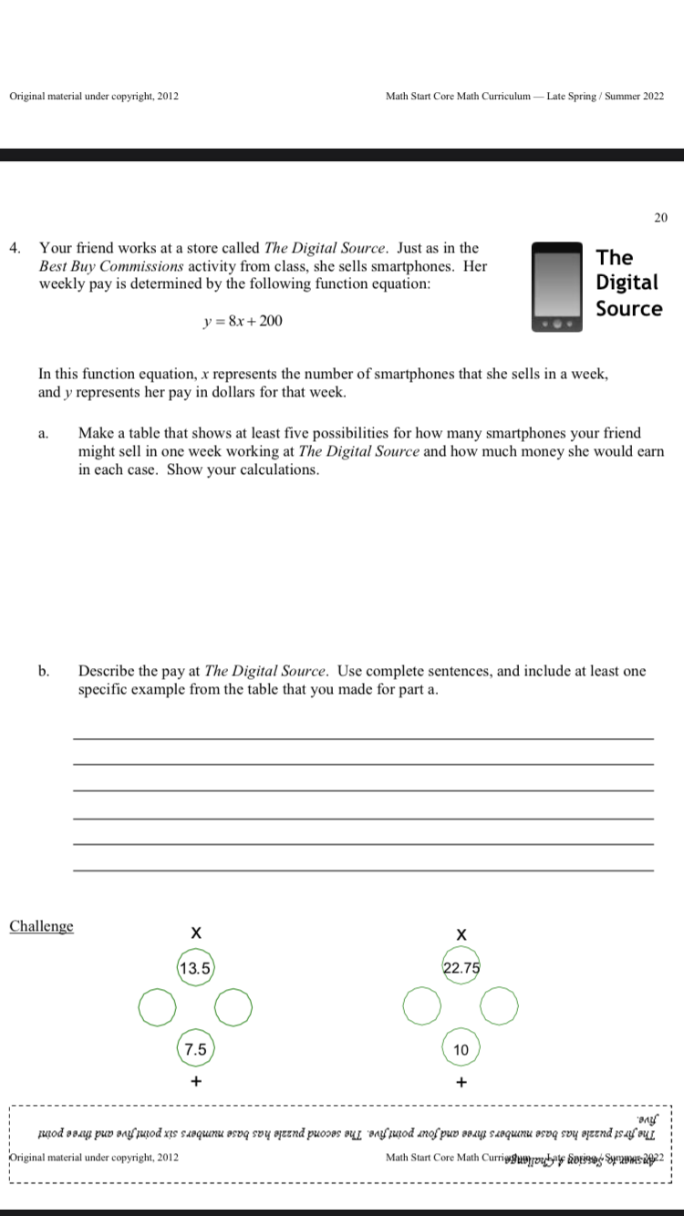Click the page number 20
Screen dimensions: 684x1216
(661, 217)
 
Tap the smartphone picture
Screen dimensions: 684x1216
(557, 286)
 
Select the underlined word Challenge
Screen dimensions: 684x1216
(41, 926)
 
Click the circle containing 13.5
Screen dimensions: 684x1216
(195, 968)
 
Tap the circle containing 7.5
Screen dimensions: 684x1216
(195, 1049)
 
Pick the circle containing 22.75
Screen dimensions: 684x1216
(461, 968)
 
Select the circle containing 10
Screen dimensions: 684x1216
(461, 1049)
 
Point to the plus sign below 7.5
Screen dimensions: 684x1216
(195, 1083)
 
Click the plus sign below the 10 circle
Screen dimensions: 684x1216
(461, 1083)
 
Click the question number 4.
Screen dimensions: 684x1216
(15, 248)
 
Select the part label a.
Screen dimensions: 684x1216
(43, 434)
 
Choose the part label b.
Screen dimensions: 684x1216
(44, 672)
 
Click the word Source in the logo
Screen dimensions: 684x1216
(629, 308)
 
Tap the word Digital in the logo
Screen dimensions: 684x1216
(627, 283)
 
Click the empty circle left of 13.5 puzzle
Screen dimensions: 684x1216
(156, 1008)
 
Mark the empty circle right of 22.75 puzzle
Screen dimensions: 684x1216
(500, 1008)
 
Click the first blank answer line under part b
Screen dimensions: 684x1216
(363, 737)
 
